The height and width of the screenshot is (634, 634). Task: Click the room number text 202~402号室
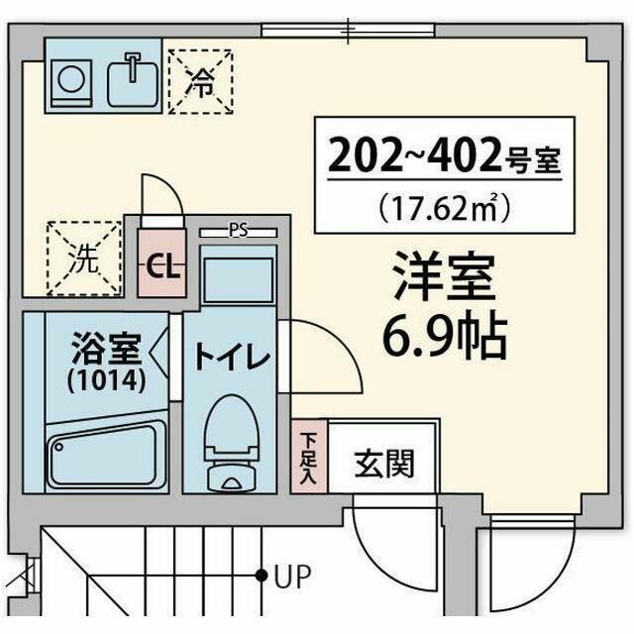(443, 157)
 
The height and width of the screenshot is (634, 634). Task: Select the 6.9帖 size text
(445, 337)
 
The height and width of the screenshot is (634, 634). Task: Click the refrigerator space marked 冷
(199, 82)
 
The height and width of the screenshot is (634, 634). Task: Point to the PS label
(238, 231)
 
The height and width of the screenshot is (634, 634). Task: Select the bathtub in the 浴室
(106, 454)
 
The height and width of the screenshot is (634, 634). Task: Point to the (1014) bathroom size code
(106, 380)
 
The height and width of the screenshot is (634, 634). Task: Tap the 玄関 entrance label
(384, 463)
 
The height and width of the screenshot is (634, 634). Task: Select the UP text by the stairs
(293, 575)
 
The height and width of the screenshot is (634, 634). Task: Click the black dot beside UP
(262, 575)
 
